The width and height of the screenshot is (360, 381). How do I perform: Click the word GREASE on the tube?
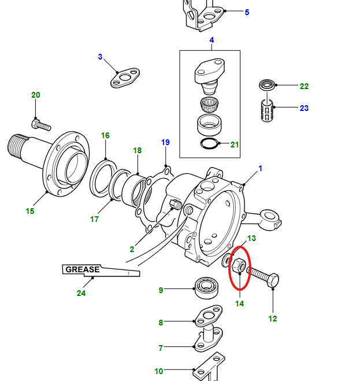(83, 269)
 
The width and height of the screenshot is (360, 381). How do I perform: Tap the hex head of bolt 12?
(273, 280)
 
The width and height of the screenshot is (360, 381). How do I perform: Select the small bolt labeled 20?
(41, 125)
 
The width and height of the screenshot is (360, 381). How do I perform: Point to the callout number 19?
(165, 142)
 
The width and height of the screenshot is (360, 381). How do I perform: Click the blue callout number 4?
(211, 40)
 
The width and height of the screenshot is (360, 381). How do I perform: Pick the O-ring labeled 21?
(210, 143)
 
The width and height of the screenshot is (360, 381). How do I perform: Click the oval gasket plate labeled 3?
(125, 77)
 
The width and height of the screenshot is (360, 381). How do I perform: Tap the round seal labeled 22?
(267, 85)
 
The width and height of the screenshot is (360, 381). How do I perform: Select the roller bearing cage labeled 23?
(267, 111)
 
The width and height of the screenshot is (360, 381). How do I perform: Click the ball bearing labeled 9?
(206, 288)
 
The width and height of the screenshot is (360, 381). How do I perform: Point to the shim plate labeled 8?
(209, 316)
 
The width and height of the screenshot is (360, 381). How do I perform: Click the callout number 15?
(30, 211)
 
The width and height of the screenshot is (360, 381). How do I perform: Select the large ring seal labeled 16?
(103, 177)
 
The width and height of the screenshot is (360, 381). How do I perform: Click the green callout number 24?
(81, 293)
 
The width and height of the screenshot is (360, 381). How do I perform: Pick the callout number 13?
(251, 238)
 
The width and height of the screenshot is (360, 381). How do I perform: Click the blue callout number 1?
(261, 168)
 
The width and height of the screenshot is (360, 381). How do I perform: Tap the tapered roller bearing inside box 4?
(209, 104)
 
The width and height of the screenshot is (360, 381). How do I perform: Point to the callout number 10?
(159, 371)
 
